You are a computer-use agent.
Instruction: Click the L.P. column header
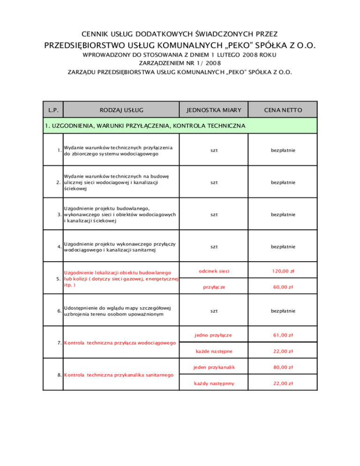53,110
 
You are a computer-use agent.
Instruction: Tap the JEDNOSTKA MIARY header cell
213,110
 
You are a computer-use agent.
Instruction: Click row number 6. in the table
58,311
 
